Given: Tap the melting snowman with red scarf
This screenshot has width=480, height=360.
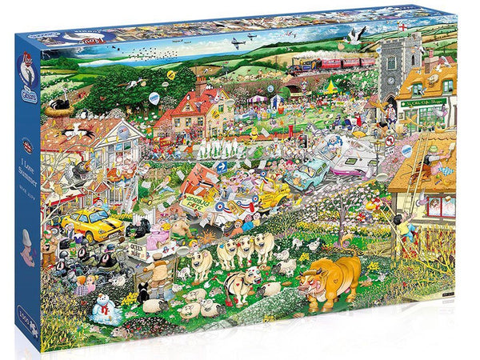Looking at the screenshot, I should [x=102, y=306].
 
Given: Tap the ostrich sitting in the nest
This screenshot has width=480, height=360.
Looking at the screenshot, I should [x=58, y=106].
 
